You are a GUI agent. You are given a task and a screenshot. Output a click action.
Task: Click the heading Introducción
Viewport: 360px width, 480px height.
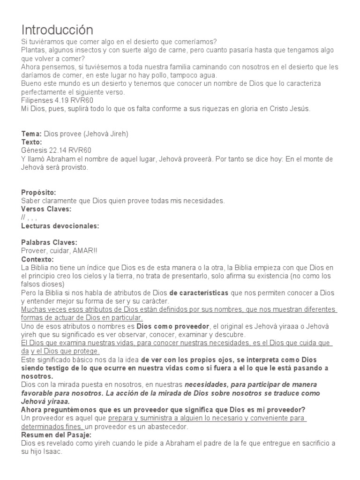(x=57, y=30)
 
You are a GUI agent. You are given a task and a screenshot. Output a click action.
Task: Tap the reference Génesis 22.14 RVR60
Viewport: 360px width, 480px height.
(x=56, y=150)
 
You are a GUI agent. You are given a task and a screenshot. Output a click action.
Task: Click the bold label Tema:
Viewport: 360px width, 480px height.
(x=31, y=134)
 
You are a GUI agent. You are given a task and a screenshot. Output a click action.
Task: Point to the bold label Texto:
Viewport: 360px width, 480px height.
(x=32, y=142)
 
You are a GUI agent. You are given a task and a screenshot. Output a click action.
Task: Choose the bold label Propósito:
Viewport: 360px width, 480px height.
(x=39, y=192)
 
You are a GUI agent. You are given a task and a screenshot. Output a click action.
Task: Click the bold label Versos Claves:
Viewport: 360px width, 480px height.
(x=46, y=209)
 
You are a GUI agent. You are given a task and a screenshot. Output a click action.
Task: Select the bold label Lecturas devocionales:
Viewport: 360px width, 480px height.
(x=60, y=226)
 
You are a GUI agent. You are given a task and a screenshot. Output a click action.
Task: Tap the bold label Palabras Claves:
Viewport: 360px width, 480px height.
(x=49, y=242)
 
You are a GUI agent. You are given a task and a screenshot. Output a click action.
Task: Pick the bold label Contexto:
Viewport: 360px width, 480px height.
(x=37, y=259)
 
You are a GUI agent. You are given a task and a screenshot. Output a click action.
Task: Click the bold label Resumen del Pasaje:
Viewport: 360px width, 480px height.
(x=56, y=435)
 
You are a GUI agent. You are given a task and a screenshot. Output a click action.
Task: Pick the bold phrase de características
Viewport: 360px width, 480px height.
(x=199, y=293)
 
